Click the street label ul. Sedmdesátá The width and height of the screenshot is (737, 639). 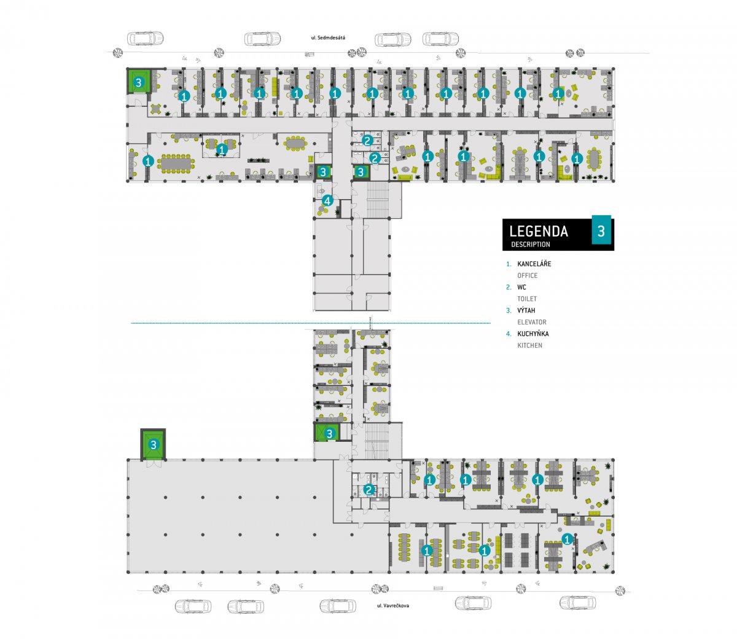click(x=328, y=37)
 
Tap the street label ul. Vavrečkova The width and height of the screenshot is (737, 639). click(x=393, y=605)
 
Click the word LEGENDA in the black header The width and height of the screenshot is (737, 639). click(x=539, y=231)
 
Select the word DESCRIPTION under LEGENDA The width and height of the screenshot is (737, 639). click(x=530, y=245)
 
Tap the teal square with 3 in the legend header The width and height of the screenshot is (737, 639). click(x=601, y=230)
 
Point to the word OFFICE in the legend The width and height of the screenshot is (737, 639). click(x=528, y=275)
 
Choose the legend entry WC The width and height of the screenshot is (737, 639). click(x=521, y=287)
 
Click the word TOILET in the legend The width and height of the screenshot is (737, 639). click(x=527, y=299)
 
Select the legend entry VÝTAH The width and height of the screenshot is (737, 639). click(x=526, y=310)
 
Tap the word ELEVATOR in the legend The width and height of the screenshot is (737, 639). click(x=532, y=322)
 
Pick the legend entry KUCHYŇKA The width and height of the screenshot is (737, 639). click(x=533, y=334)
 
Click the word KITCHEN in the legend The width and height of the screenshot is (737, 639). click(x=529, y=345)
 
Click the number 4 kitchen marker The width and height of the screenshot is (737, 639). click(x=327, y=201)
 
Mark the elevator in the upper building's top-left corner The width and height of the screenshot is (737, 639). click(x=138, y=82)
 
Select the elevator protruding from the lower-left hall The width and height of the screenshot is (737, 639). click(x=154, y=445)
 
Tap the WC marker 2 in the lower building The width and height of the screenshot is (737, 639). click(x=369, y=490)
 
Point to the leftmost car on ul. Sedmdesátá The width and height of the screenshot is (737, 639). click(x=146, y=38)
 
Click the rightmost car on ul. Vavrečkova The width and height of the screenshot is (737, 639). click(x=577, y=603)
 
